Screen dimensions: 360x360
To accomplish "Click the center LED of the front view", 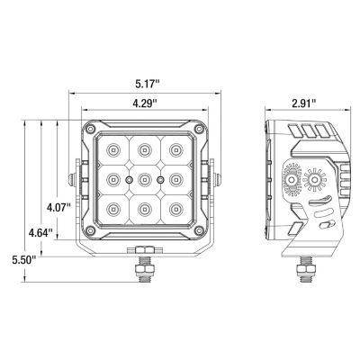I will coord(144,180).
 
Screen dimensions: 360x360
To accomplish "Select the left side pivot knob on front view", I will coord(74,179).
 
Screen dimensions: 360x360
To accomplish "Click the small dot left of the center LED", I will coord(129,180).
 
